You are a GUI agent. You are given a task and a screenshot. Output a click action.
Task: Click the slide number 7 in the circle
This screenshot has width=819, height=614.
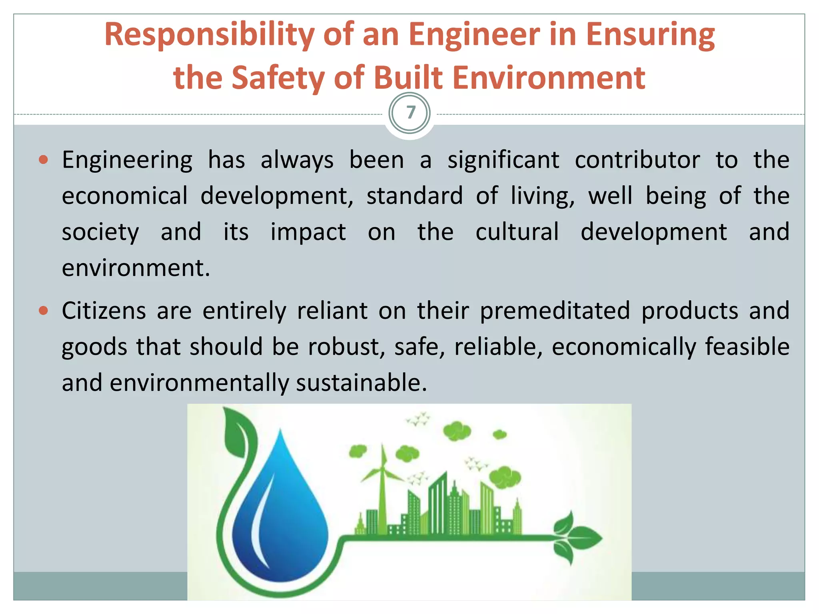tap(410, 113)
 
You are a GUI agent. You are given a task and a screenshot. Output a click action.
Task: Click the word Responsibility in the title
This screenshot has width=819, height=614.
tap(209, 35)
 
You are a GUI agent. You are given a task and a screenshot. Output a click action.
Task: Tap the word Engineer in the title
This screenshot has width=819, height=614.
tap(474, 34)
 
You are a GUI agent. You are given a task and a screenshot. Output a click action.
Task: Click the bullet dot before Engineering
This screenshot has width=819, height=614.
tap(44, 160)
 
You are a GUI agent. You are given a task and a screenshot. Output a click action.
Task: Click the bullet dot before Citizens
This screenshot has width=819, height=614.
tap(44, 311)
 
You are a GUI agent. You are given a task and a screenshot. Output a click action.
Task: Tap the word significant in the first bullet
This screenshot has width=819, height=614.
tap(503, 160)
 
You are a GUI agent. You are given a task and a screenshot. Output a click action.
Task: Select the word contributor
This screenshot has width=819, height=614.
tap(637, 160)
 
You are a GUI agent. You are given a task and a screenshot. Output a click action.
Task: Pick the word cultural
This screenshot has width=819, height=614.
tap(517, 232)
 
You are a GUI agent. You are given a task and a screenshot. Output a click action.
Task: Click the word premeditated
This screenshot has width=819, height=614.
tap(555, 311)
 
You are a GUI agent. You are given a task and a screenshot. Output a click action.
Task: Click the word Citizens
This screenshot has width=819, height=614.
tap(104, 311)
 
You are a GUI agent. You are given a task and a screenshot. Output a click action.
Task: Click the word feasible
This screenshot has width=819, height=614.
tap(747, 347)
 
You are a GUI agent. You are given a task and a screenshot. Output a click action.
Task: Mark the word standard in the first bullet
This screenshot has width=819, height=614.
tap(414, 196)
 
